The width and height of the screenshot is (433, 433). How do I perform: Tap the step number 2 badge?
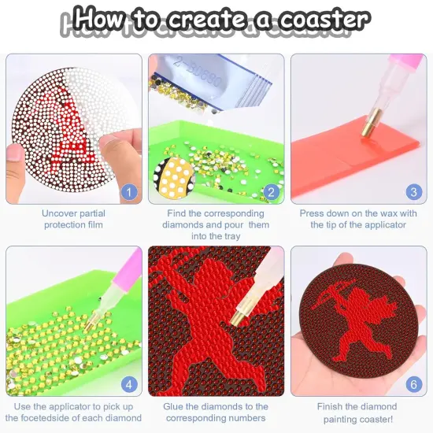pos(270,192)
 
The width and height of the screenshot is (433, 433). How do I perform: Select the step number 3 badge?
pos(413,192)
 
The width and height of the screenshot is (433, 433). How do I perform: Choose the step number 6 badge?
pos(413,385)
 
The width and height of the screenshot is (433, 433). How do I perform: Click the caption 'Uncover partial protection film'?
pos(73,219)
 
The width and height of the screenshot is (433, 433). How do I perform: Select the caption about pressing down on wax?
pos(359,219)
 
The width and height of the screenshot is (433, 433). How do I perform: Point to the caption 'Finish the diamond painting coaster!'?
pos(359,412)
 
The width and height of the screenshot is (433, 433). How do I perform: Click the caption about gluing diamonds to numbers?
pos(216,412)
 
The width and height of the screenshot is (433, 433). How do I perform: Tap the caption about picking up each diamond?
pos(73,412)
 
